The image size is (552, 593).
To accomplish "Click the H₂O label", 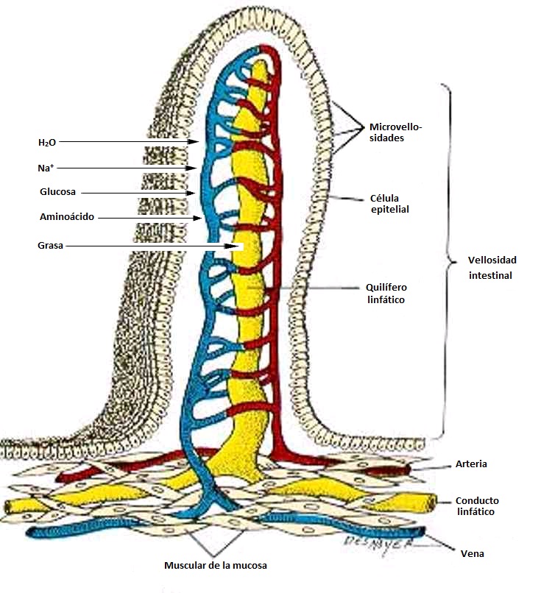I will (x=46, y=142).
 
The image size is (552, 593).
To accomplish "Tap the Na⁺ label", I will (x=46, y=168).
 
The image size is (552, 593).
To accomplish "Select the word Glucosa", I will (x=58, y=193).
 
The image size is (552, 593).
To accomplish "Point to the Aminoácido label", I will (x=67, y=218).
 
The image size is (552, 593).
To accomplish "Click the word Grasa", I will (x=50, y=246).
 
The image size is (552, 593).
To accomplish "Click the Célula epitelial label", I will (x=389, y=204).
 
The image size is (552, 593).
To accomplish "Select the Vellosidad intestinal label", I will (x=492, y=268).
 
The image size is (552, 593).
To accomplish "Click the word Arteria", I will (x=471, y=464).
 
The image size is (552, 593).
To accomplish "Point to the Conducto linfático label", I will (x=477, y=506).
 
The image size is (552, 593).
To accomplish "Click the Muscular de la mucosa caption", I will (x=215, y=566).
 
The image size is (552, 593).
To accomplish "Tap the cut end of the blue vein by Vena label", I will (x=422, y=533).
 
